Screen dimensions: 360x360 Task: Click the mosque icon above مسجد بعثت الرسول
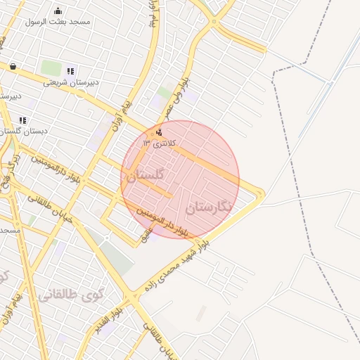coord(58,11)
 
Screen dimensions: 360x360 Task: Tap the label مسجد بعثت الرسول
coord(58,22)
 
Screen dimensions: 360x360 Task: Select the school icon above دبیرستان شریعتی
coord(70,71)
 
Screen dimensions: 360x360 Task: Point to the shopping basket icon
coord(13,67)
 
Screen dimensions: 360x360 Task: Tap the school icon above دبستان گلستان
coord(23,120)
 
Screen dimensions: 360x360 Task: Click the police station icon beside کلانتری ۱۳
coord(160,131)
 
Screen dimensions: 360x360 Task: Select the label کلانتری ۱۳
coord(160,143)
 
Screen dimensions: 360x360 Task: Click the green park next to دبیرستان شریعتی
coord(51,68)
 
